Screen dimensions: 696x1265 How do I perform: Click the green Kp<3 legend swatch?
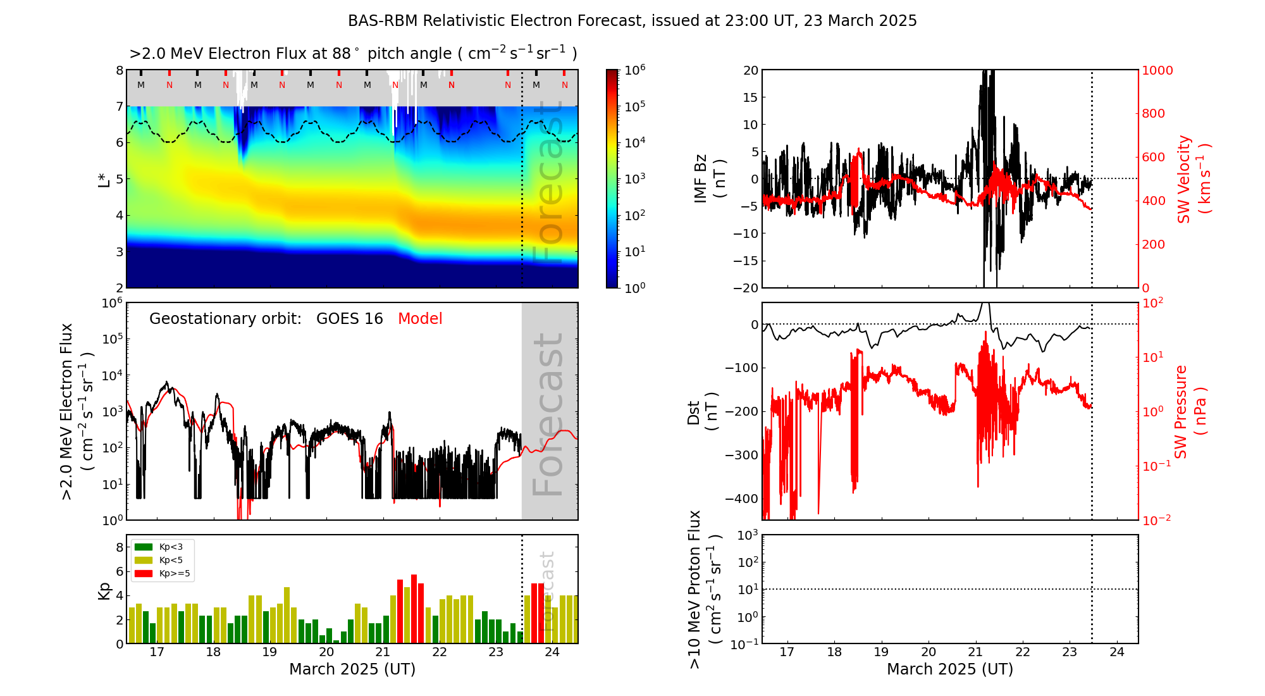[x=144, y=547]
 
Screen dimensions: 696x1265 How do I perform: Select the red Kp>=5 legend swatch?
[x=144, y=574]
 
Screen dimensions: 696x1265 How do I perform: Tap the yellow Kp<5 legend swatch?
[x=144, y=560]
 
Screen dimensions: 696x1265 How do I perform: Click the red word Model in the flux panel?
[x=420, y=319]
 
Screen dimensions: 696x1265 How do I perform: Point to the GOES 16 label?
[x=350, y=319]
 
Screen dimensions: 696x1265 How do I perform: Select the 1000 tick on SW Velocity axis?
[x=1157, y=70]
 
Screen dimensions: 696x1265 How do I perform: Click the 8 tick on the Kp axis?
[x=120, y=547]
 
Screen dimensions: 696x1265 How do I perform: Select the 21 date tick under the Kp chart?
[x=383, y=652]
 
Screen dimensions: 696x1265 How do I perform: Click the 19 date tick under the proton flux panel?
[x=881, y=652]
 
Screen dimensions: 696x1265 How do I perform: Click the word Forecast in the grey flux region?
[x=548, y=414]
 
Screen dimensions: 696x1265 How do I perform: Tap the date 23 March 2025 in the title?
[x=860, y=21]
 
